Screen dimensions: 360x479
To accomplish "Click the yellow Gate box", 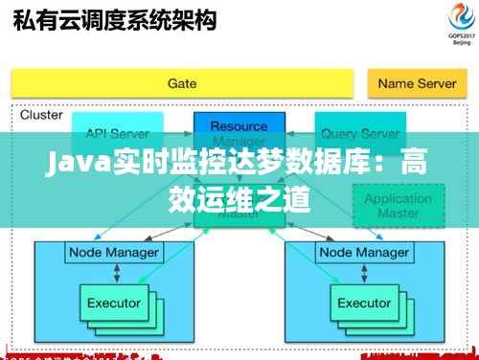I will [182, 83].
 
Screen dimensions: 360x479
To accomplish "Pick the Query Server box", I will [359, 134].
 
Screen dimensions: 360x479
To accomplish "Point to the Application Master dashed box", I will [399, 205].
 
